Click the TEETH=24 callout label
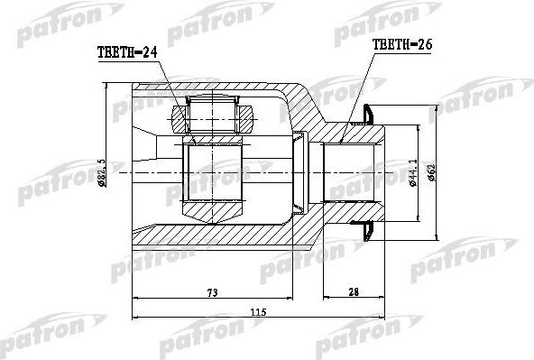126,53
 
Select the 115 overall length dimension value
258,311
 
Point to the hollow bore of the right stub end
352,171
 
